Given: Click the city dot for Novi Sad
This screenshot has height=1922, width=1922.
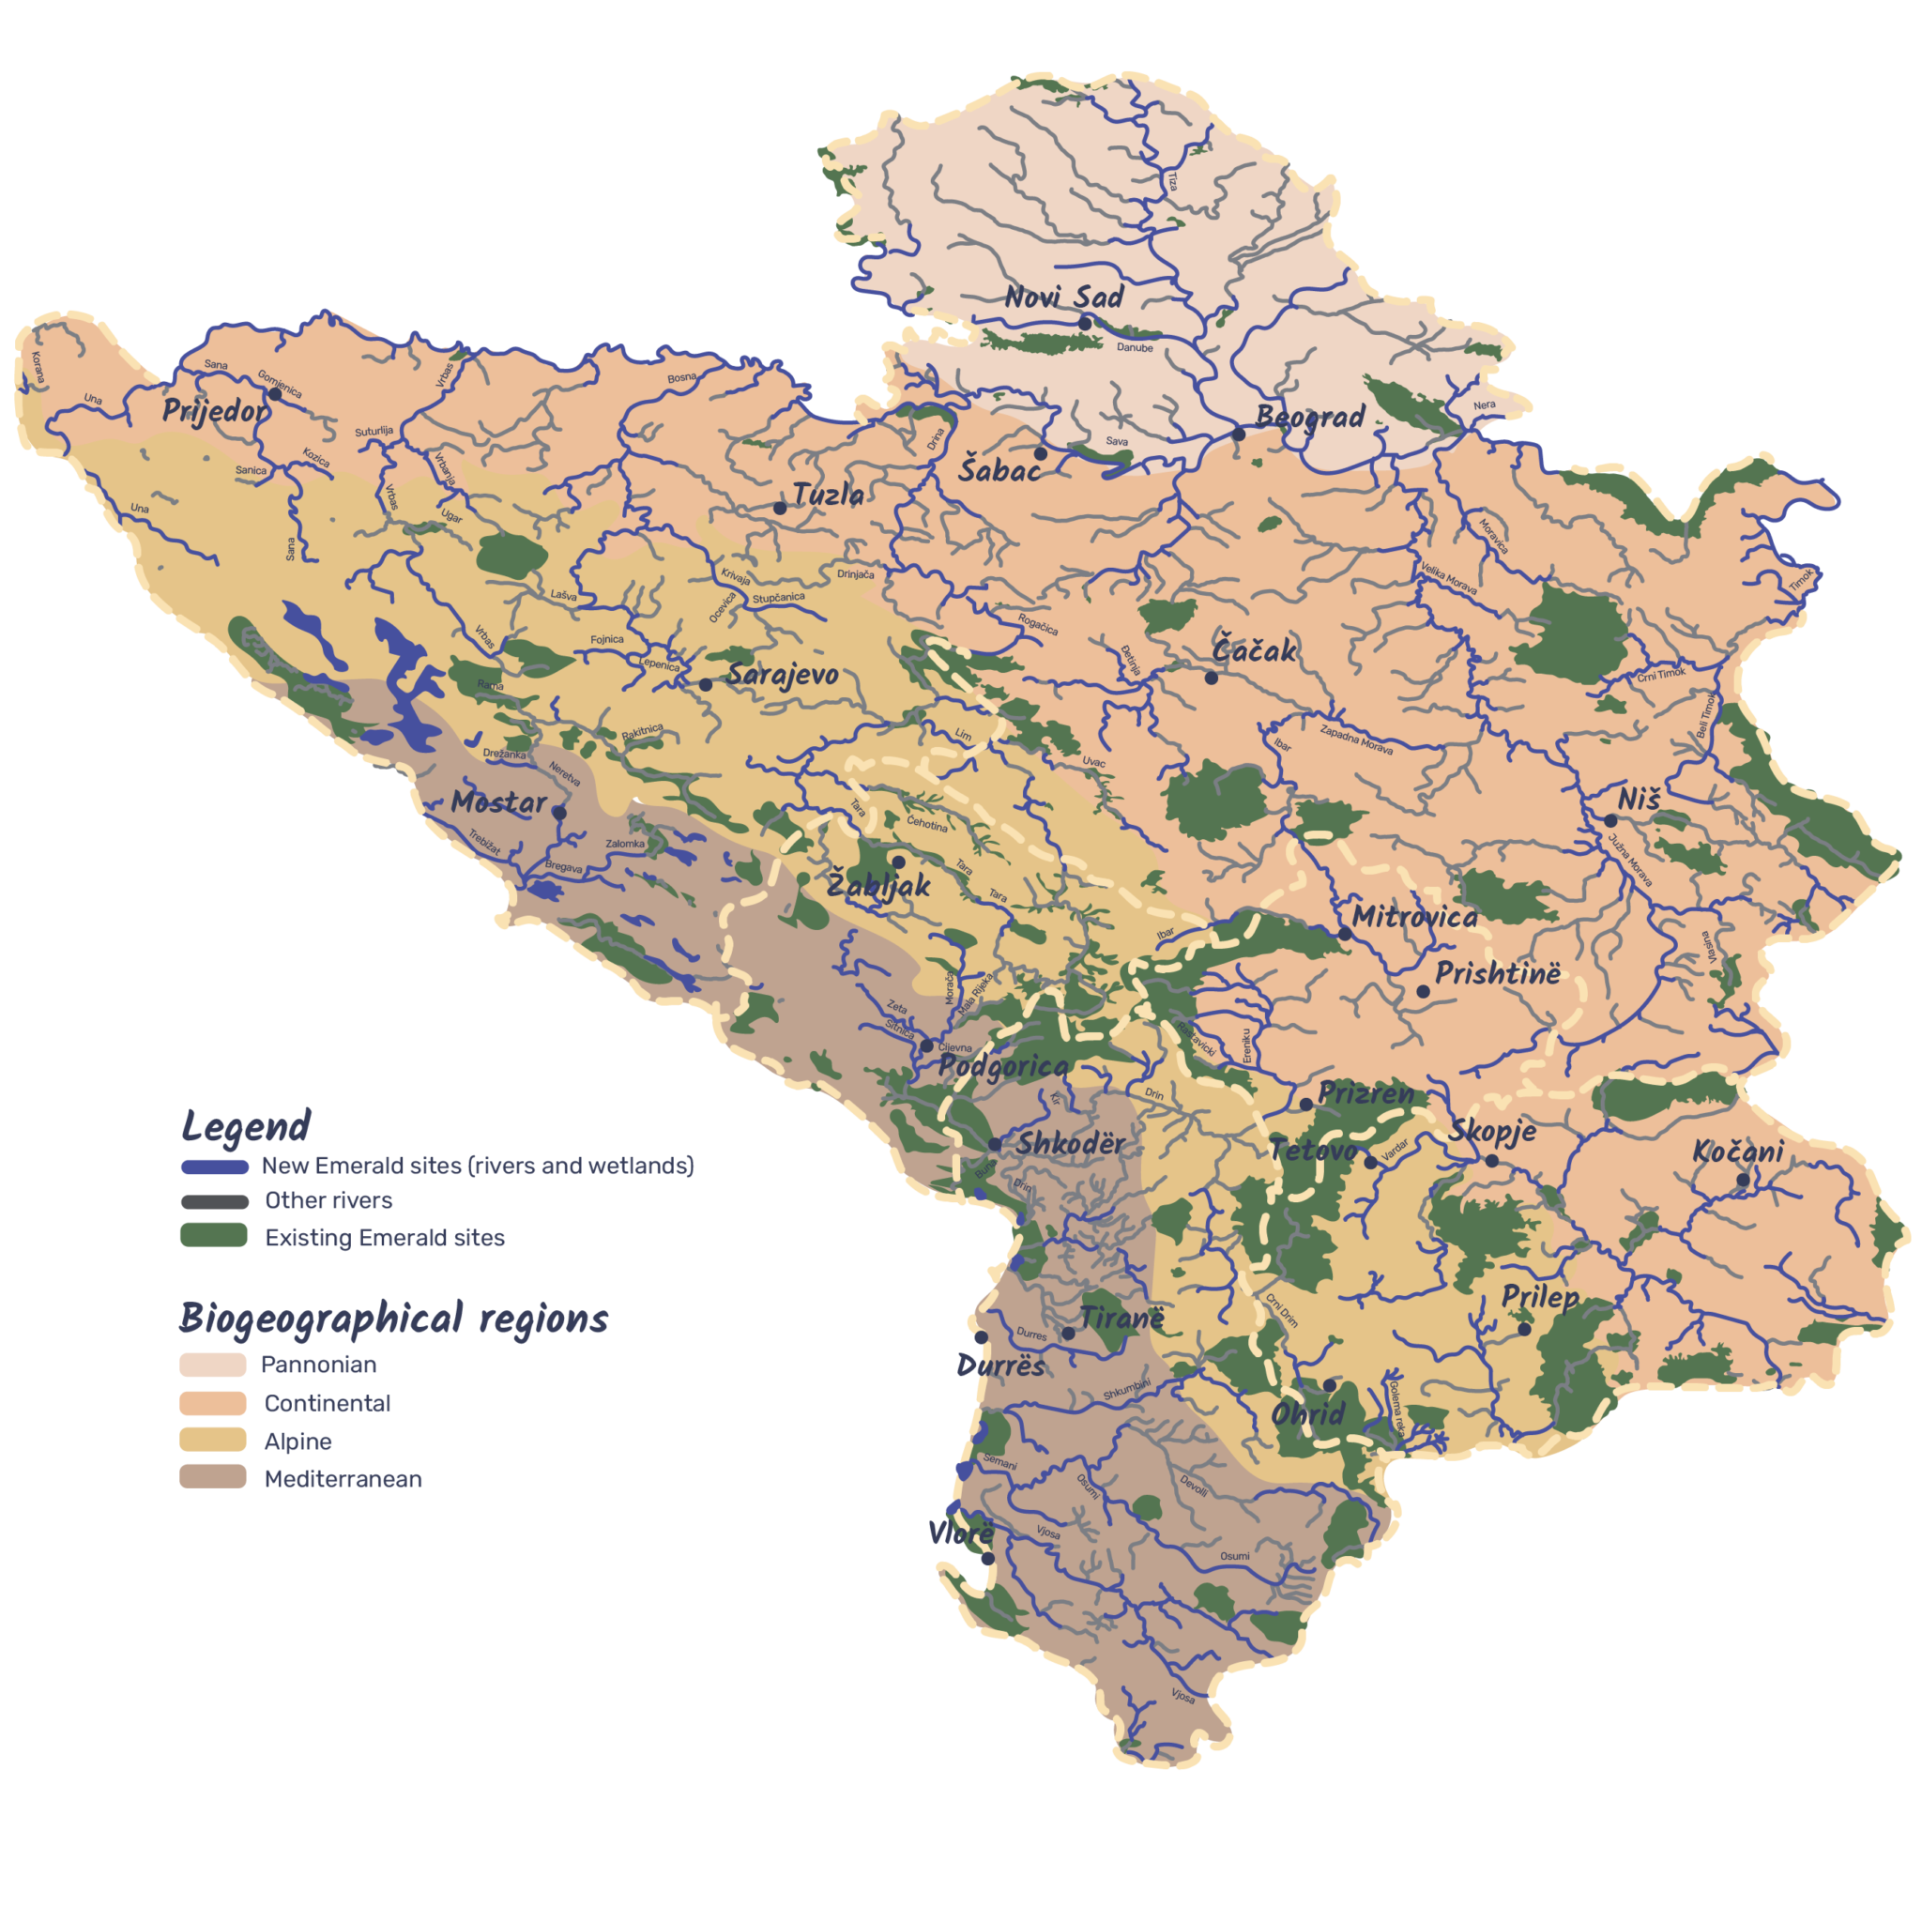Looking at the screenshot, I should [1086, 324].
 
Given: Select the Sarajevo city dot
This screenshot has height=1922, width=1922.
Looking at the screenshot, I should [706, 684].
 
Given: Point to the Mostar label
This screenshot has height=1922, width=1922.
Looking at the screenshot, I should [498, 801].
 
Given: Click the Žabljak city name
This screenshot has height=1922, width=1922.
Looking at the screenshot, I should [878, 884].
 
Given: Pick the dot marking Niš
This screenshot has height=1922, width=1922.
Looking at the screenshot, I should [1609, 821].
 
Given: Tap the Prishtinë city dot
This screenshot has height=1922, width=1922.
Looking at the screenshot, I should [1423, 991].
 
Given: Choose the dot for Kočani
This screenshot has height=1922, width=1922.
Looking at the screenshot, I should [1743, 1180].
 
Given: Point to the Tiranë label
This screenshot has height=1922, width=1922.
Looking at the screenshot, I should [1121, 1319].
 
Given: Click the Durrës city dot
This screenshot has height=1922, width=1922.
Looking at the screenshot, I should [981, 1338].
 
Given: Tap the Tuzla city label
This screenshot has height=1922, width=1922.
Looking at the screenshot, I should [828, 495].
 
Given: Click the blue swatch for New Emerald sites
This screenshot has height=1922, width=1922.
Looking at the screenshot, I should [214, 1166].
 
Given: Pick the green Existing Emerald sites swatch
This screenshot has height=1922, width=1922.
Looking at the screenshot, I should [214, 1237].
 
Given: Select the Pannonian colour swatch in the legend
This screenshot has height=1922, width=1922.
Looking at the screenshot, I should [213, 1364].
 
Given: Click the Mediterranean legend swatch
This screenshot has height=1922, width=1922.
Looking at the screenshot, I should [213, 1477].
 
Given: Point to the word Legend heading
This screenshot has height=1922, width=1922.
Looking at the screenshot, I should [246, 1126].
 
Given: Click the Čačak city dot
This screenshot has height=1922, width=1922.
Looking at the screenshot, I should [1211, 678].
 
